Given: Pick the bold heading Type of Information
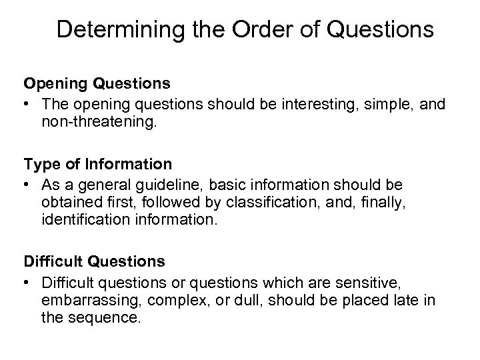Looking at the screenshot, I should (97, 163).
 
